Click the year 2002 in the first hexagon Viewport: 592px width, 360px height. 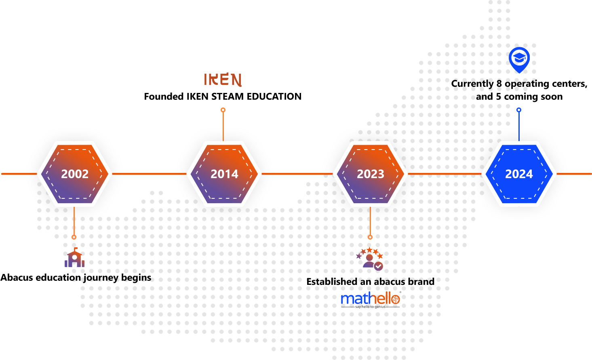75,174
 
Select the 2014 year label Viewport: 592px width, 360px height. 224,174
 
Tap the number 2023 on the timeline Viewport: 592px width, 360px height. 370,174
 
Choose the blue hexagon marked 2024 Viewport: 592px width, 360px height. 519,174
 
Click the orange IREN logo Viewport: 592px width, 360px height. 223,80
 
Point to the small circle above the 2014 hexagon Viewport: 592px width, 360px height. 223,110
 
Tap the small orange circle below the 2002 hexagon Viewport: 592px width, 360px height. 74,237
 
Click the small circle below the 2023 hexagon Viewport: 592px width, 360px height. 370,237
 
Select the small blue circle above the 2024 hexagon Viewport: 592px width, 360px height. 519,110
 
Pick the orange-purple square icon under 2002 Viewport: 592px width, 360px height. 74,257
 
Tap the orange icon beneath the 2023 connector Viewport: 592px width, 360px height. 371,258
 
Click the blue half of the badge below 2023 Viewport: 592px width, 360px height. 356,298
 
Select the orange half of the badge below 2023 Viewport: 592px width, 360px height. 387,298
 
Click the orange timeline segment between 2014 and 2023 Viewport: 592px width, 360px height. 297,174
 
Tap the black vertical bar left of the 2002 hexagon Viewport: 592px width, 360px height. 23,174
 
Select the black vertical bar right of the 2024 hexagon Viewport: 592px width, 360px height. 571,174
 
